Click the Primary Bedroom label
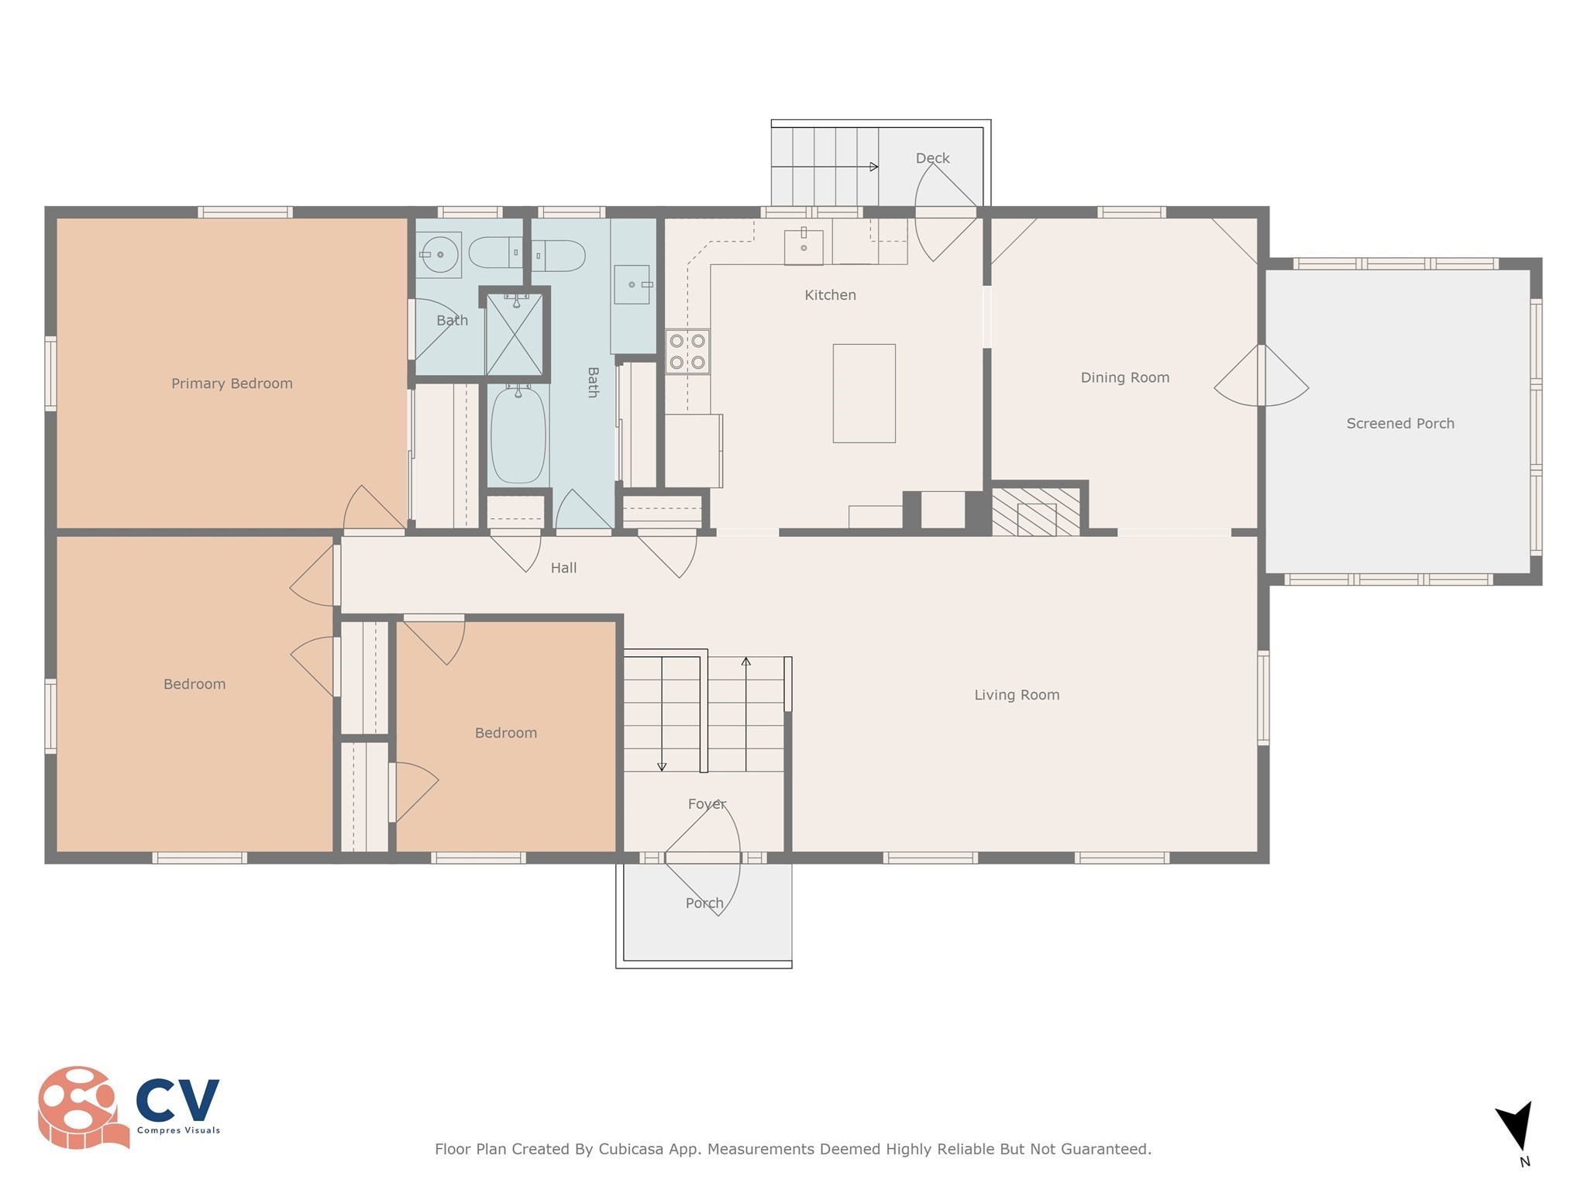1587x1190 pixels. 232,383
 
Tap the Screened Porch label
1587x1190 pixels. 1400,424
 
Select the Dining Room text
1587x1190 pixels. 1125,377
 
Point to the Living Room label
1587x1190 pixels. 1017,695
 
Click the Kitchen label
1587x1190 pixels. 830,295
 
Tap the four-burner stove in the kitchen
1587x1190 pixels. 687,352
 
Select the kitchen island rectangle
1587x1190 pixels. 864,394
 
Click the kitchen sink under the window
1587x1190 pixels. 804,246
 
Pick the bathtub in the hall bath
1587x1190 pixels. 518,435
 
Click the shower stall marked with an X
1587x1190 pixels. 515,334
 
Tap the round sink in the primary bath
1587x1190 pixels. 439,254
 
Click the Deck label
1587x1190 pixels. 932,158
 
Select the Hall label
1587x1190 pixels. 563,568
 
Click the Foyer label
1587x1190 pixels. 707,804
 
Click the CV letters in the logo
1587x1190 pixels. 177,1100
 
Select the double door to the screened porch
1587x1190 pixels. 1262,376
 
